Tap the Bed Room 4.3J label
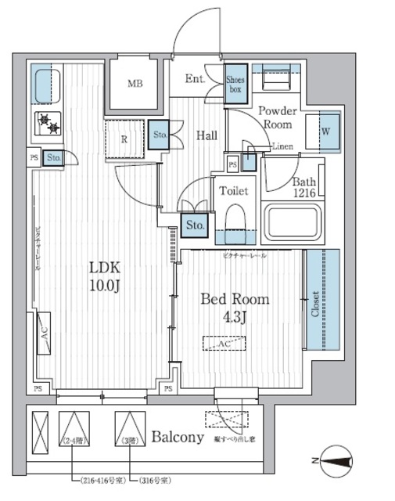point(235,308)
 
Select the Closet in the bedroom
point(321,300)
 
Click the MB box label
point(135,84)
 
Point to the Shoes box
point(235,85)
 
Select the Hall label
point(206,135)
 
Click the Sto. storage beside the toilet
point(194,225)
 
